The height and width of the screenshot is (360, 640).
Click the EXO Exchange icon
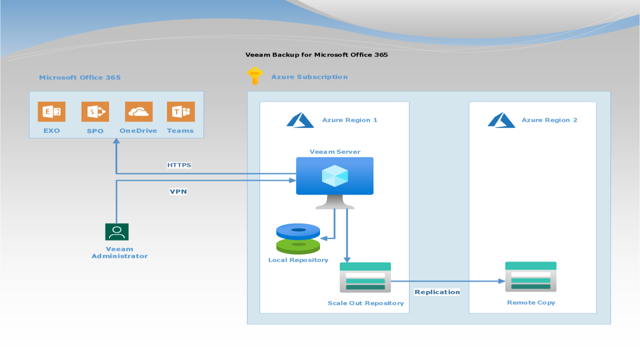[x=51, y=111]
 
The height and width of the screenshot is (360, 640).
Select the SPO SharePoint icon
[x=95, y=111]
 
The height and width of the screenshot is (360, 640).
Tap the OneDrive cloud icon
[x=138, y=111]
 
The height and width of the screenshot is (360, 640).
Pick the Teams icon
[x=180, y=111]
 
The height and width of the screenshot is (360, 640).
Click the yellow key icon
[x=255, y=76]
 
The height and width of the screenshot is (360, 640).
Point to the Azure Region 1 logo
[x=300, y=120]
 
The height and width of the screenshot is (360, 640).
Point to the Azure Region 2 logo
[x=501, y=120]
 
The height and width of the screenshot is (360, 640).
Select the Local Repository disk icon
[x=298, y=238]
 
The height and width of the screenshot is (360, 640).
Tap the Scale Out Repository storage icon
[x=365, y=277]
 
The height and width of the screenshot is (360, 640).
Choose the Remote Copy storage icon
[x=530, y=277]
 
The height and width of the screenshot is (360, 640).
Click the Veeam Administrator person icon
[x=117, y=232]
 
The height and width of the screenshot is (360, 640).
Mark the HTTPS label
[x=179, y=165]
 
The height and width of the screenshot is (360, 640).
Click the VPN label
[x=178, y=191]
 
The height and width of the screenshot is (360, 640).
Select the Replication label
[x=437, y=292]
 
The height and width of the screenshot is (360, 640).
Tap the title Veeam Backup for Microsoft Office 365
[x=316, y=54]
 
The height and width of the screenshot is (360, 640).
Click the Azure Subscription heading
[x=309, y=77]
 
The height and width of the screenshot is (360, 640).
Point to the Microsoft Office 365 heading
[x=80, y=77]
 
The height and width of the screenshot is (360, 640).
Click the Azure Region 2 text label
[x=549, y=120]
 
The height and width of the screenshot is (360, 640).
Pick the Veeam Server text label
[x=335, y=152]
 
